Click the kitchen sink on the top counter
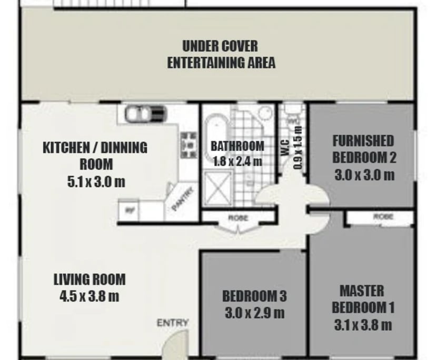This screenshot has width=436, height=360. tap(145, 113)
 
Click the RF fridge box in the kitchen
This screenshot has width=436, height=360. tap(128, 212)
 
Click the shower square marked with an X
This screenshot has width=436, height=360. tap(217, 187)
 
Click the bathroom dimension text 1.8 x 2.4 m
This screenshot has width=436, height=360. tap(237, 161)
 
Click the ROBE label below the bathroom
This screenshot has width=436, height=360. tap(238, 217)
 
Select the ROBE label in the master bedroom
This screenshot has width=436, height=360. tap(383, 216)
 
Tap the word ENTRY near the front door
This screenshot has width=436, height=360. tap(172, 323)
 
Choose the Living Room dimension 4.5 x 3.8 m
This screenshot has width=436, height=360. tap(90, 296)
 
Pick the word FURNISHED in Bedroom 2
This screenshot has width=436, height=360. tap(363, 141)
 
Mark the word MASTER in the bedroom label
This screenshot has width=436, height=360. tap(362, 291)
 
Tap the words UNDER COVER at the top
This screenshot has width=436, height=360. tap(220, 46)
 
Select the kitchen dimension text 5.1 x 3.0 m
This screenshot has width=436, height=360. tap(96, 182)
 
